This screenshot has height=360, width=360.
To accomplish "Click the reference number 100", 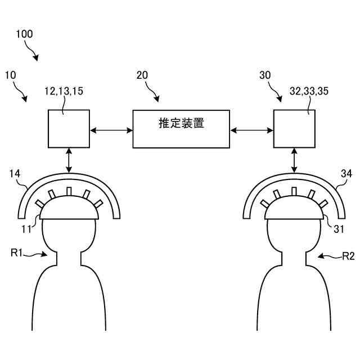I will pos(24,34).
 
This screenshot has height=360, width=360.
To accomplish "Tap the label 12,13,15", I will pos(63,90).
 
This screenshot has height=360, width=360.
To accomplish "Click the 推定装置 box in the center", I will pos(181,129).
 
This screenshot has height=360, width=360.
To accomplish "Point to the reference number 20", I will pos(143,75).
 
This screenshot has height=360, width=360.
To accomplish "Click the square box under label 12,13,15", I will pos(69,129).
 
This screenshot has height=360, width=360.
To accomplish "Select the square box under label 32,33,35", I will pos(294,129).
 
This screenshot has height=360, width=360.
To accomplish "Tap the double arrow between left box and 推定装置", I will pos(111,130).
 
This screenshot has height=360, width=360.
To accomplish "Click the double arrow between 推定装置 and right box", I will pos(251,130).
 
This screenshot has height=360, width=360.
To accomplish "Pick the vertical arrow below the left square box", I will pos(69,160).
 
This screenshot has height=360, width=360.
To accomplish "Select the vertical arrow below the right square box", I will pos(294,160).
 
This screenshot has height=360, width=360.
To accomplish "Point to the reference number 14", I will pos(15,175).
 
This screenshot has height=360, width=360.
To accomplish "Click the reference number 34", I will pos(346,175).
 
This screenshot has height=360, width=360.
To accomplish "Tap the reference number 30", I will pos(265,75).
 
